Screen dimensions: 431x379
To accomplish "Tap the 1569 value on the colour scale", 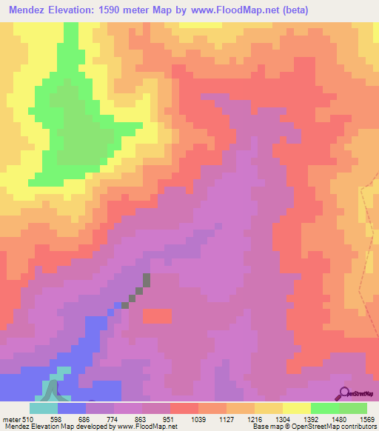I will pos(367,419).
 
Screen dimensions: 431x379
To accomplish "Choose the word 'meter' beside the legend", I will pos(12,419).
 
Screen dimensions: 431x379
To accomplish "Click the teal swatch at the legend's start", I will pos(43,408).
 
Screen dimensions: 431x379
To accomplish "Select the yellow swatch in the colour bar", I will pos(297,408).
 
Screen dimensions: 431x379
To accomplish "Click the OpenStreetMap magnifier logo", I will pos(346,392).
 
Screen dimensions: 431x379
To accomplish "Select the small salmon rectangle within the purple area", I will pos(156,316).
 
